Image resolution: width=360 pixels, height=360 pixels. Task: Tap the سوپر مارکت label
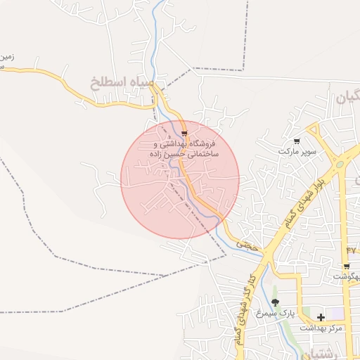click(297, 151)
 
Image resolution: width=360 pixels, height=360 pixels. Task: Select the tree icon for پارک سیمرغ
click(275, 302)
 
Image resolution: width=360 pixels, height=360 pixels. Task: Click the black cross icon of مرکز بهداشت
click(321, 317)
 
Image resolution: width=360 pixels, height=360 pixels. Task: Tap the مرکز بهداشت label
click(321, 328)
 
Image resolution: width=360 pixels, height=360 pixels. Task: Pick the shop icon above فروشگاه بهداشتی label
click(184, 133)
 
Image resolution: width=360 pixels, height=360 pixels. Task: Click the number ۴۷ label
click(352, 250)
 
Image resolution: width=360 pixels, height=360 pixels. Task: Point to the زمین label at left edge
click(6, 56)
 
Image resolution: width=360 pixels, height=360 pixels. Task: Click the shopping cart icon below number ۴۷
click(347, 266)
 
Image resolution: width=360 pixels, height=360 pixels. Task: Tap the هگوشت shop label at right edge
click(348, 278)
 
